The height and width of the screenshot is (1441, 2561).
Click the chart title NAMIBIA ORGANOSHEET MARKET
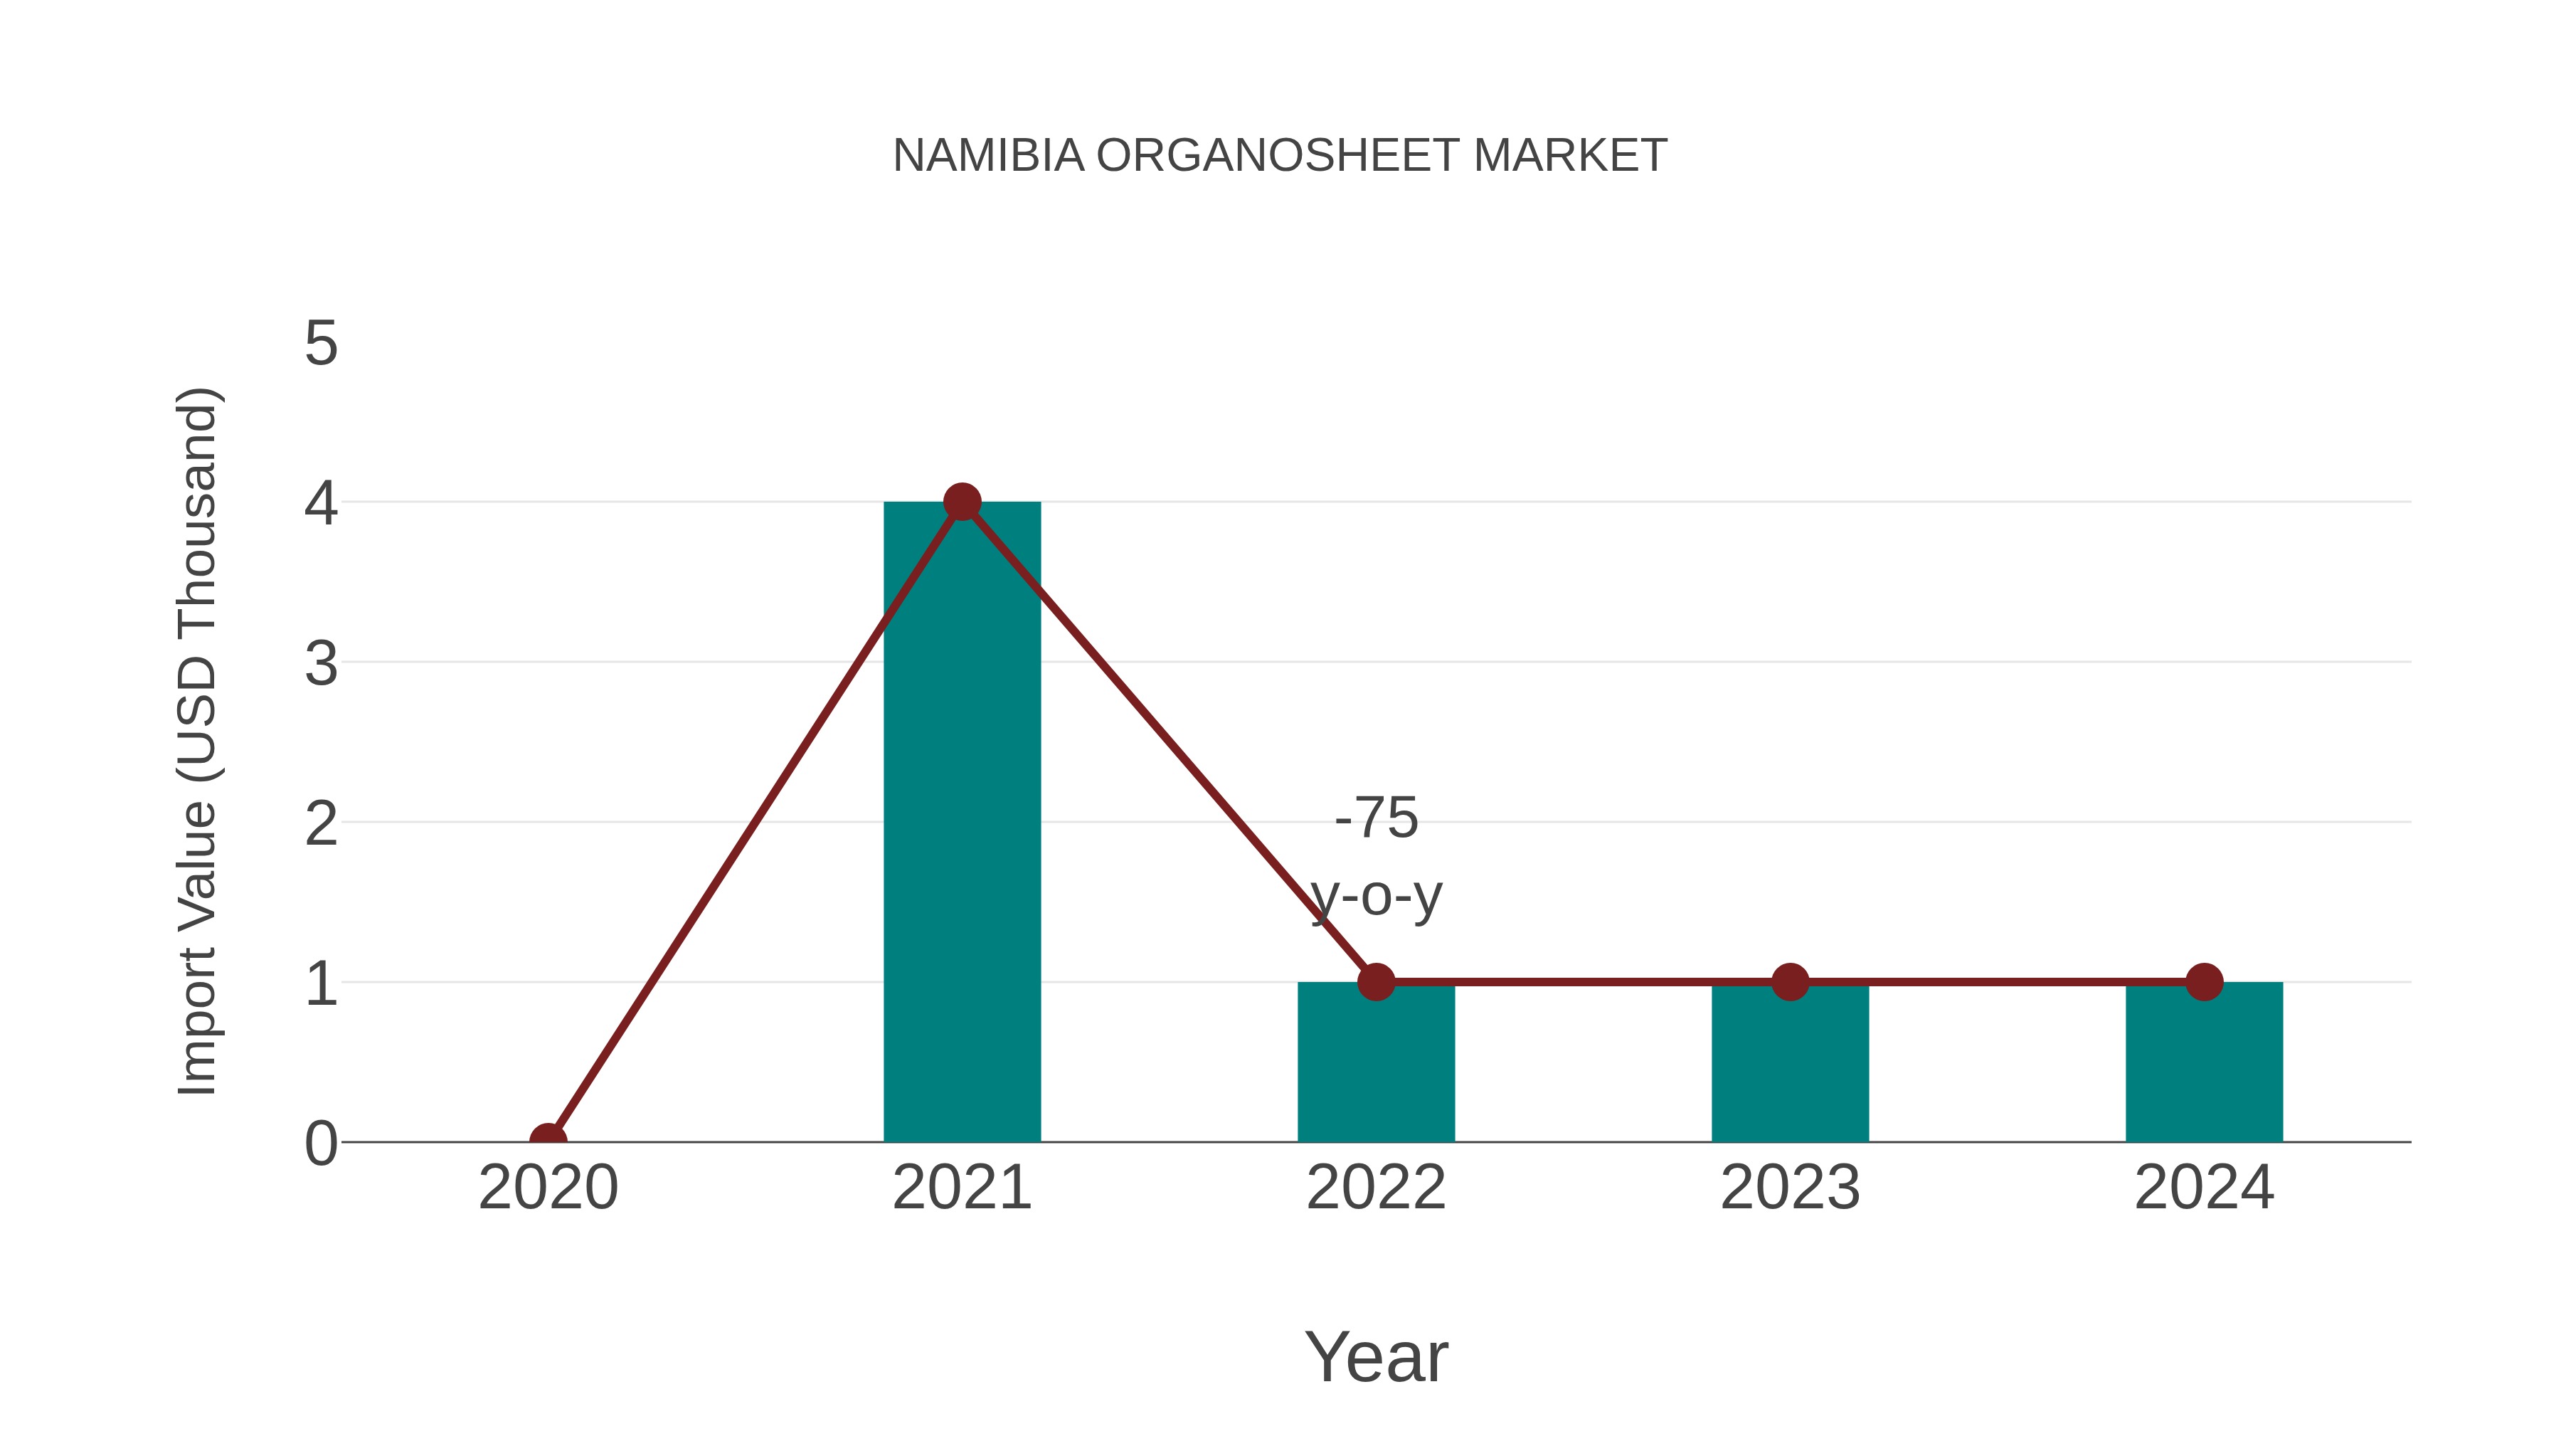pyautogui.click(x=1280, y=156)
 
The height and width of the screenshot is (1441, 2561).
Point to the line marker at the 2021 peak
pyautogui.click(x=961, y=502)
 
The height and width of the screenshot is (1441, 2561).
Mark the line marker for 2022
pyautogui.click(x=1376, y=981)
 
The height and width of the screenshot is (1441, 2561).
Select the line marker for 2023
pyautogui.click(x=1790, y=981)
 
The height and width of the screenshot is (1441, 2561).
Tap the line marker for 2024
pyautogui.click(x=2204, y=981)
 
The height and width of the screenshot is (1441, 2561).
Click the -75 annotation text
pyautogui.click(x=1376, y=818)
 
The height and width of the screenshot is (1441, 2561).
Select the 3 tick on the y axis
pyautogui.click(x=321, y=663)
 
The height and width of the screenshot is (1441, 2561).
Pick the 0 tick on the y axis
pyautogui.click(x=321, y=1143)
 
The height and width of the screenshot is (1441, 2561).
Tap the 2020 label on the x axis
pyautogui.click(x=548, y=1188)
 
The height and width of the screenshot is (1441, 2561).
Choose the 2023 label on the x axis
pyautogui.click(x=1790, y=1188)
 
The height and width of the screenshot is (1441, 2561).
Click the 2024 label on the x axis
pyautogui.click(x=2204, y=1188)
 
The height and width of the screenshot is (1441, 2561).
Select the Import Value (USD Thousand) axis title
pyautogui.click(x=197, y=742)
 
